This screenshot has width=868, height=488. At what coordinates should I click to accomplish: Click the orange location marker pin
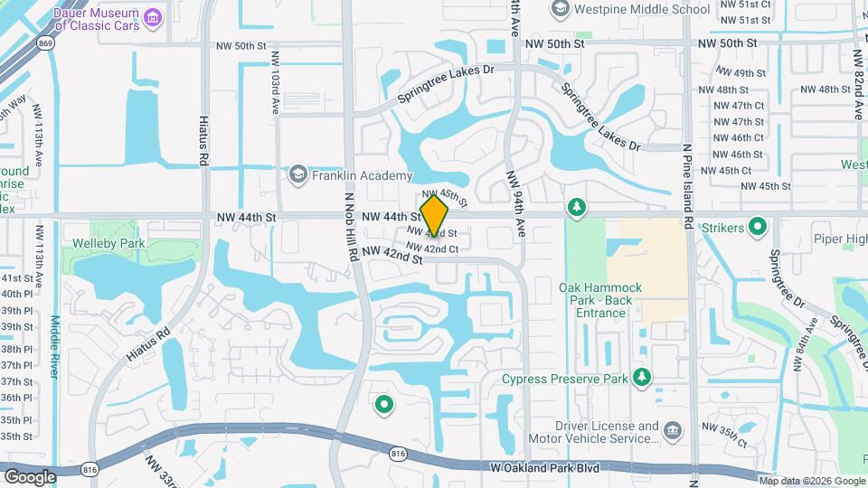(x=434, y=217)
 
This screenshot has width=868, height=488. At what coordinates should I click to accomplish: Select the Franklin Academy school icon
(x=297, y=174)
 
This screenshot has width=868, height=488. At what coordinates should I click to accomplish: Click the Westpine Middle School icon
(x=559, y=9)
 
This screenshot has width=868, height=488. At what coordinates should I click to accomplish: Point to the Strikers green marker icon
(x=759, y=226)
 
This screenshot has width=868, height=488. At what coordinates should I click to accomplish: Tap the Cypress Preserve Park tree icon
(x=642, y=376)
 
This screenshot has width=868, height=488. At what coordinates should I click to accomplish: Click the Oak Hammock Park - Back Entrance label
(x=599, y=300)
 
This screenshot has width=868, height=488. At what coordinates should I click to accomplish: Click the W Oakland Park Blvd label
(x=545, y=468)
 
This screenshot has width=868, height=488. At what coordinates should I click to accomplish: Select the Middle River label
(x=55, y=348)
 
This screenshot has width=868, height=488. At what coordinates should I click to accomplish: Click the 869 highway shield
(x=46, y=42)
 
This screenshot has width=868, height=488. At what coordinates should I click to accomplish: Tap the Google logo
(x=30, y=476)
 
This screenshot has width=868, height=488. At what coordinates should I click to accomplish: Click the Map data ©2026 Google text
(x=813, y=481)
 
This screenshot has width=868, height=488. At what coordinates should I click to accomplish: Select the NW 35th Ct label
(x=724, y=435)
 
